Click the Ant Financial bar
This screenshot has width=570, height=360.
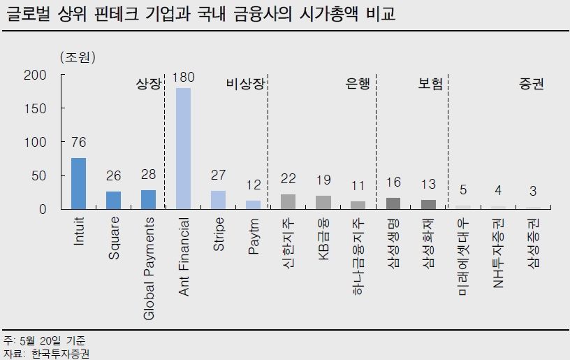click(x=183, y=148)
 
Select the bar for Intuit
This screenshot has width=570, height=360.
click(x=79, y=183)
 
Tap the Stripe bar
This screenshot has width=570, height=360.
click(x=218, y=200)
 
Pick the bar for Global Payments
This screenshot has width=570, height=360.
click(x=148, y=199)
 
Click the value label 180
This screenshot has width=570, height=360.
click(x=183, y=76)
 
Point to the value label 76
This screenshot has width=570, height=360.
click(x=79, y=143)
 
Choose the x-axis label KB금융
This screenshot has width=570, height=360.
click(x=323, y=242)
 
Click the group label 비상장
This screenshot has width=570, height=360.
click(x=246, y=84)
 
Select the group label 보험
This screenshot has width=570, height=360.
click(x=430, y=84)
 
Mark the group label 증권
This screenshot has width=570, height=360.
click(x=532, y=84)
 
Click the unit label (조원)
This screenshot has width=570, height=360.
click(x=78, y=55)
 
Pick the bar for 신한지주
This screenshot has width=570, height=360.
click(x=288, y=201)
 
